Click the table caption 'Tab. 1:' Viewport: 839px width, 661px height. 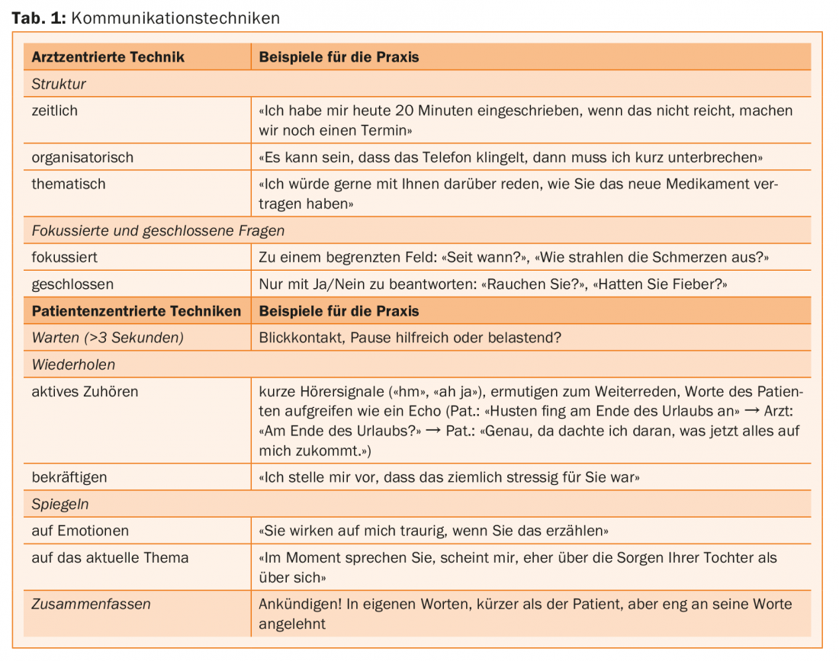coord(39,18)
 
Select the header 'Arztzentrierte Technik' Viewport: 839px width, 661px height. coord(108,57)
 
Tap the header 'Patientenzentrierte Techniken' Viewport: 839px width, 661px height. coord(136,311)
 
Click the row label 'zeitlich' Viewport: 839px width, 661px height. coord(54,111)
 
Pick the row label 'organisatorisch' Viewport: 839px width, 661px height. coord(82,157)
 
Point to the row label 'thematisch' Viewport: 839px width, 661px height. coord(69,184)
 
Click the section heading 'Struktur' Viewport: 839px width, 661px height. coord(59,84)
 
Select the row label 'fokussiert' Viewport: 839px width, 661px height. coord(64,257)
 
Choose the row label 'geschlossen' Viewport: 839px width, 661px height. coord(72,284)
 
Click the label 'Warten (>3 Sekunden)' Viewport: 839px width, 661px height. coord(107,338)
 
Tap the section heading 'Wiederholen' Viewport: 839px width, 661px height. coord(72,364)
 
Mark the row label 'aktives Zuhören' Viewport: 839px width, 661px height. coord(85,391)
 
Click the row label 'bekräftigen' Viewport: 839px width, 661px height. coord(69,477)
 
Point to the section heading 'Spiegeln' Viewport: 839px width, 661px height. coord(59,504)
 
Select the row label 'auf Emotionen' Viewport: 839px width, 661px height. coord(80,531)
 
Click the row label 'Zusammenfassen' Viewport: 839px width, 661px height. coord(91,604)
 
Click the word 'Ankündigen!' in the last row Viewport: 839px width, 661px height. coord(300,604)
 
